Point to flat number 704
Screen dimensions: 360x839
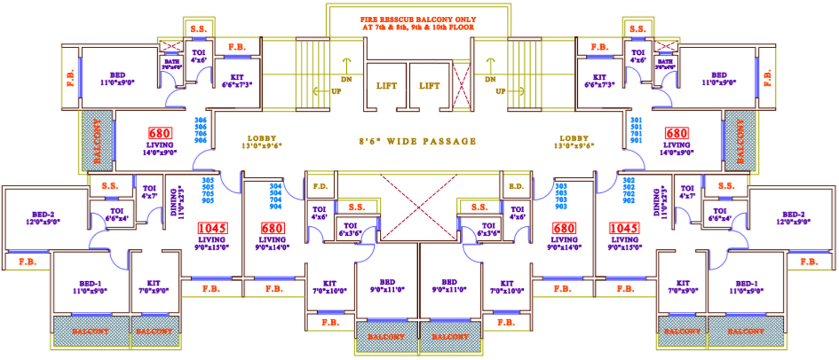[276, 200]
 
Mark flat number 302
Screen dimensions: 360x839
[628, 180]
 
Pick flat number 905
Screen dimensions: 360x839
[208, 200]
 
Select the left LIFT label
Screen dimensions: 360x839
[386, 86]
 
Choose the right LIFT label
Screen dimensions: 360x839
[430, 86]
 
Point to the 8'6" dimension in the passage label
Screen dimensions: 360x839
[369, 141]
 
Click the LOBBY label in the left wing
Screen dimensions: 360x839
[262, 138]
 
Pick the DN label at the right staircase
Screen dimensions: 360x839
[491, 79]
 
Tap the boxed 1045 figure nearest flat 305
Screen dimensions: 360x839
[212, 228]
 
